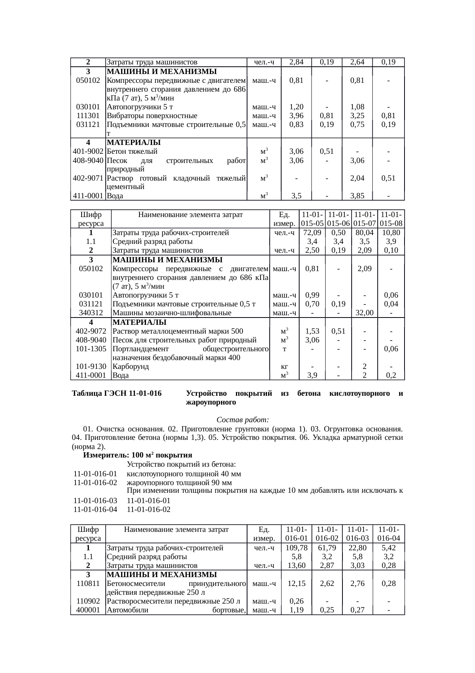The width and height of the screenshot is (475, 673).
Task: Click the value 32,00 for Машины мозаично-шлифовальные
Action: coord(364,313)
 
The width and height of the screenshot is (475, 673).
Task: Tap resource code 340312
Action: coord(91,313)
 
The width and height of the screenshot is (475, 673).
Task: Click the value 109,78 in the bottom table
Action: coord(296,548)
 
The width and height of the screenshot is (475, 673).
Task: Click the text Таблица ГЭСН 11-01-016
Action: coord(116,394)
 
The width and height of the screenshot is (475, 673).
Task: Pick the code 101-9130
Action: coord(91,366)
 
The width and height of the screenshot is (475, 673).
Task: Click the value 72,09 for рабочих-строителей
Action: coord(312,233)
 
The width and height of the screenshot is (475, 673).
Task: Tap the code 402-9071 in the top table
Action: coord(88,178)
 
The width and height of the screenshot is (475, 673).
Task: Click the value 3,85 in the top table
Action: coord(357,196)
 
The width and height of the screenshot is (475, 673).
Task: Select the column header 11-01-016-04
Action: coord(388,534)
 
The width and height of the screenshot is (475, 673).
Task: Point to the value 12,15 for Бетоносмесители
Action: coord(296,583)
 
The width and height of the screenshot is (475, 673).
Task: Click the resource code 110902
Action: coord(88,601)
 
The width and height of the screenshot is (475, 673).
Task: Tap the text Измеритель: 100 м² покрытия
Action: coord(138,455)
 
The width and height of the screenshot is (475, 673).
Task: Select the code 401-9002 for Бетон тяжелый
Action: coord(88,151)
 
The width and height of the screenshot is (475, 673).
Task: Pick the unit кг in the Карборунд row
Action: coord(284,366)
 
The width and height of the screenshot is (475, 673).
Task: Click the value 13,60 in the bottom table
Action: coord(296,565)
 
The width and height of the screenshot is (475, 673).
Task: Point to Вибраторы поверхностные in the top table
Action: coord(152,116)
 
